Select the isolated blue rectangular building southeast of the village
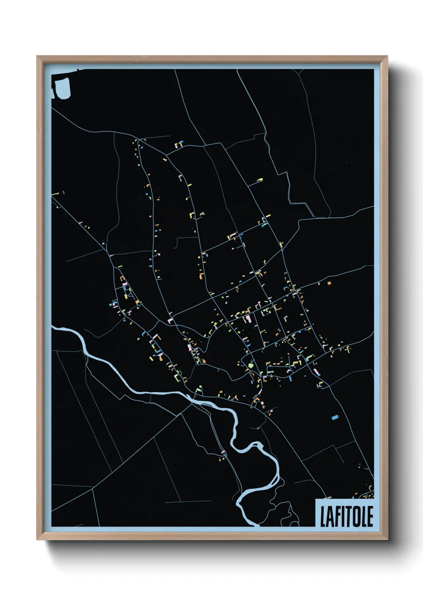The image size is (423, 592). point(335,418)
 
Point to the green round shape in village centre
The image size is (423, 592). point(251,365)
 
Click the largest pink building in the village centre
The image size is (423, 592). point(248,319)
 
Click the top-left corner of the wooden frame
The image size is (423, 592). point(37,56)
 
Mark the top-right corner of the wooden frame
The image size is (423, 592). point(387,56)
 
